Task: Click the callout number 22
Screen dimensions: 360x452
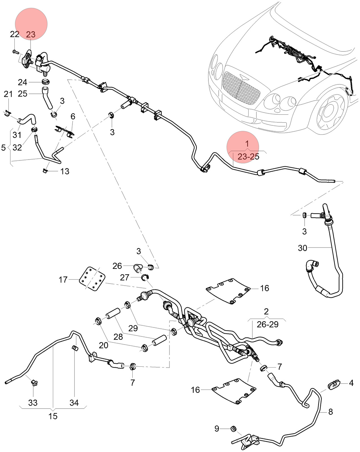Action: [15, 34]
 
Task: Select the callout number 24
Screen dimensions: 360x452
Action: [23, 82]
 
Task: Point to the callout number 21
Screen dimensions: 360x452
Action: [8, 94]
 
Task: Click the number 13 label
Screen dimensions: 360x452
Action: [65, 171]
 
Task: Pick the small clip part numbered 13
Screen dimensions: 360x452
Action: [45, 171]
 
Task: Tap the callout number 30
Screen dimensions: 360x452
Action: [303, 248]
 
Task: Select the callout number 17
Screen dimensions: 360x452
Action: [63, 280]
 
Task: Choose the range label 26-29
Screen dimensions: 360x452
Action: [268, 325]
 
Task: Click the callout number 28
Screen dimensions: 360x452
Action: [118, 337]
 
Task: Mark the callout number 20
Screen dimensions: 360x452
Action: [104, 345]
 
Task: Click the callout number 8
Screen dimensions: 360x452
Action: [331, 412]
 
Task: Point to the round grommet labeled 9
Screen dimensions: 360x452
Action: [233, 429]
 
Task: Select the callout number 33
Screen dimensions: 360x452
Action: [33, 403]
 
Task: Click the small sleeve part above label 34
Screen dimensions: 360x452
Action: [75, 348]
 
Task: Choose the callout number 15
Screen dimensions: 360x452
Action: [53, 416]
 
